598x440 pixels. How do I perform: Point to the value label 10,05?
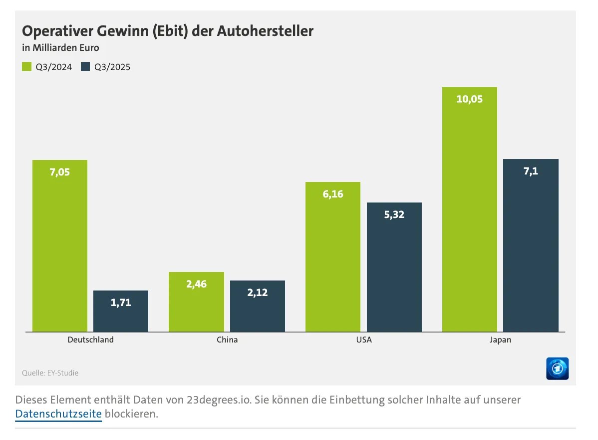click(x=469, y=99)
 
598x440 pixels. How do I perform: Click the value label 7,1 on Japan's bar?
click(x=531, y=171)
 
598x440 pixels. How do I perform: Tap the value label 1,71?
click(x=121, y=302)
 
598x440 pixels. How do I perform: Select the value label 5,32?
click(x=394, y=214)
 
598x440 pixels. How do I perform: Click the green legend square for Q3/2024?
click(x=26, y=66)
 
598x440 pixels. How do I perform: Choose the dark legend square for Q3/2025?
click(x=85, y=66)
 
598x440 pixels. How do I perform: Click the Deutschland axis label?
click(x=90, y=340)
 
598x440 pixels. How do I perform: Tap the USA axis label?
click(x=363, y=340)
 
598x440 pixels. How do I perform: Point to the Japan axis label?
click(x=500, y=340)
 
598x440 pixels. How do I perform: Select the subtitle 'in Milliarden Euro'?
click(x=60, y=48)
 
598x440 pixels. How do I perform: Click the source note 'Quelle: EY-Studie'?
click(x=50, y=373)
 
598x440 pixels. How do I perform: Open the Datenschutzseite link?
click(x=58, y=414)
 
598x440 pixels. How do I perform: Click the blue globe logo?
click(x=557, y=368)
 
